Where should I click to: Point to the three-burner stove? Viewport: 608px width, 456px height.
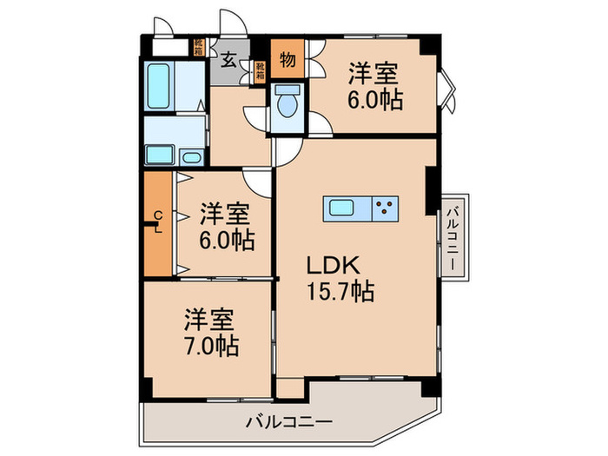[x=385, y=209]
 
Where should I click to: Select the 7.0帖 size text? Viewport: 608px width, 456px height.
[x=212, y=346]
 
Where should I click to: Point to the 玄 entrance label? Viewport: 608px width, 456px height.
[x=228, y=60]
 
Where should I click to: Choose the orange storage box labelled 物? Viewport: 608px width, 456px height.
[x=286, y=60]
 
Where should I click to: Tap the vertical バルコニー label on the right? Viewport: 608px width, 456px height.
[x=453, y=234]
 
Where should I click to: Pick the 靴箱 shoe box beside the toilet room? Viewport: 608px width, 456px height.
[x=260, y=70]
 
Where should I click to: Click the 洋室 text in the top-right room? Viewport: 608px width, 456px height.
[x=377, y=71]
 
